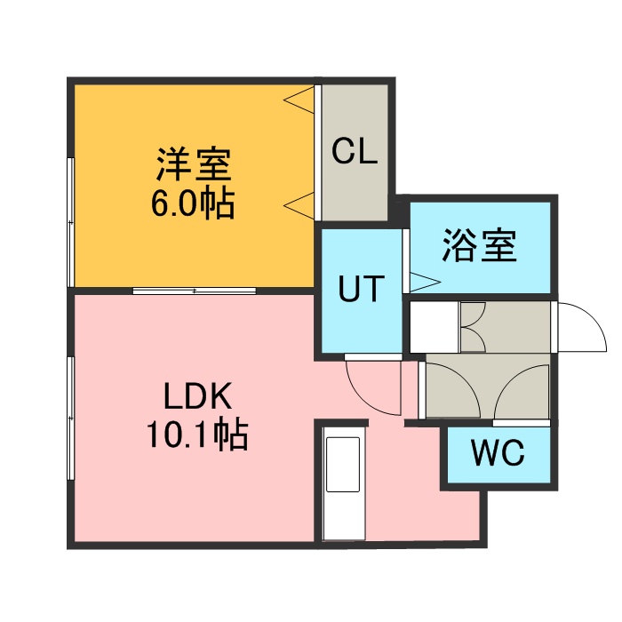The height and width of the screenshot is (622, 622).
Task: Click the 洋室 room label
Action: pyautogui.click(x=194, y=166)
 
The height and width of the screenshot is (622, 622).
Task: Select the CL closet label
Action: pyautogui.click(x=355, y=152)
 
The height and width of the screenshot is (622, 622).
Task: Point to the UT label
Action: pyautogui.click(x=360, y=289)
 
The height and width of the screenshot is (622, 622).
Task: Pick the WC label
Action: pyautogui.click(x=498, y=454)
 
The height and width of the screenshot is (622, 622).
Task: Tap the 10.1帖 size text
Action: pyautogui.click(x=196, y=435)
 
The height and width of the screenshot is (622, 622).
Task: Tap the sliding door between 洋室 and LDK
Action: pyautogui.click(x=195, y=290)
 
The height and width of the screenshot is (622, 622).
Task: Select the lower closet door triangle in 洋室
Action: pyautogui.click(x=299, y=205)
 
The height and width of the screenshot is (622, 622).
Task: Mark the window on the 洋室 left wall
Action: pyautogui.click(x=70, y=222)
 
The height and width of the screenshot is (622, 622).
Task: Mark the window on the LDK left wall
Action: pyautogui.click(x=70, y=418)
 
